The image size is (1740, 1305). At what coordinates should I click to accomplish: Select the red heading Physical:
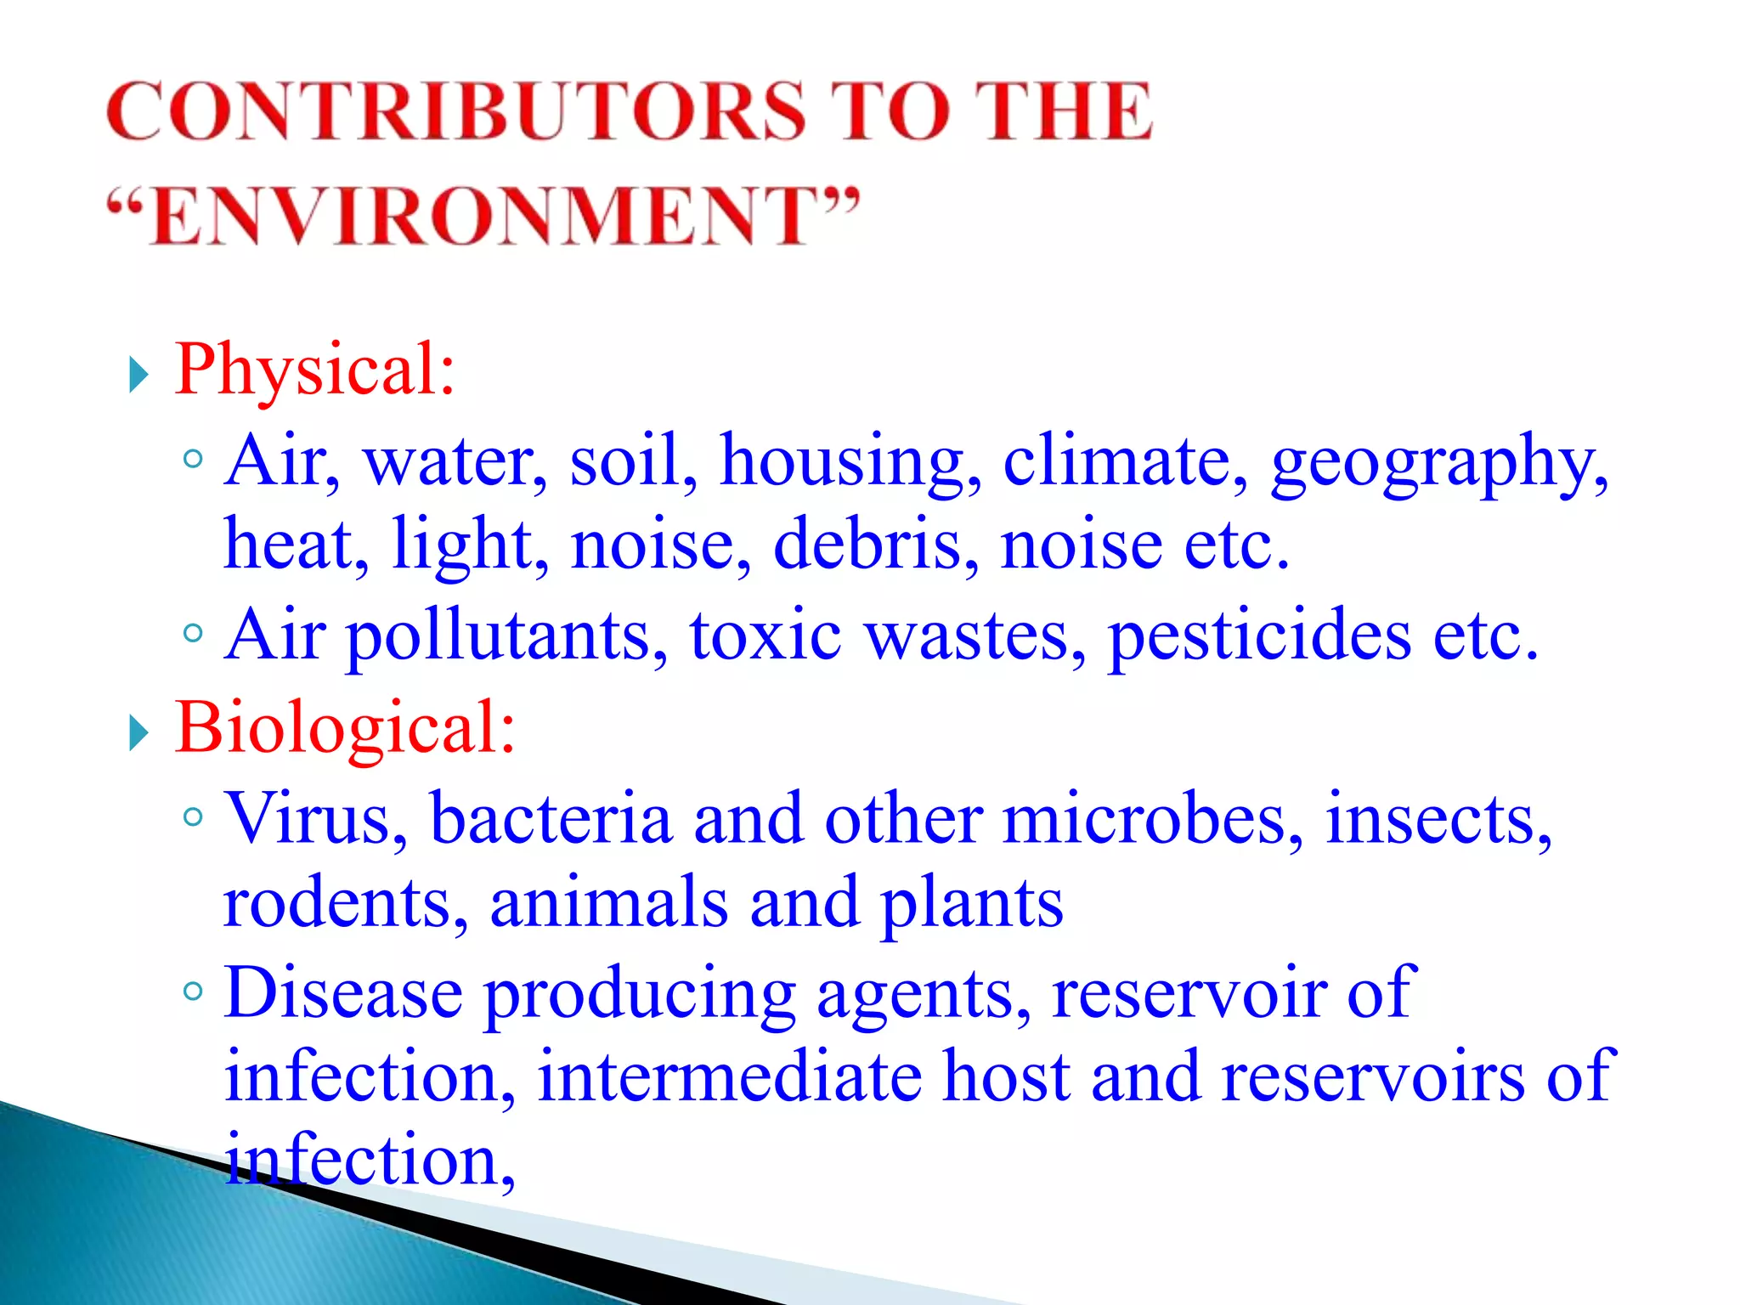pos(314,370)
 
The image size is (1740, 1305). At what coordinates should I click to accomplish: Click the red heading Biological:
pos(344,729)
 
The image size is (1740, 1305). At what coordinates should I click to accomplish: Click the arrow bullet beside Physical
pos(138,375)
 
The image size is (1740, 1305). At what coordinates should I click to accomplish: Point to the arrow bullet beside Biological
pos(138,733)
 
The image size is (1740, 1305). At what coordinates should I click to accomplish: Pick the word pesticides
pos(1257,637)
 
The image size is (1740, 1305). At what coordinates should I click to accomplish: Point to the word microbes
pos(1151,819)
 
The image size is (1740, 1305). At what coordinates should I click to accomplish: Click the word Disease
pos(343,993)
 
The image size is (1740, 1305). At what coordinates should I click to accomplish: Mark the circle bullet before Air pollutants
pos(193,633)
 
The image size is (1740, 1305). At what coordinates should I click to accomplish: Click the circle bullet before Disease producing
pos(193,991)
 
